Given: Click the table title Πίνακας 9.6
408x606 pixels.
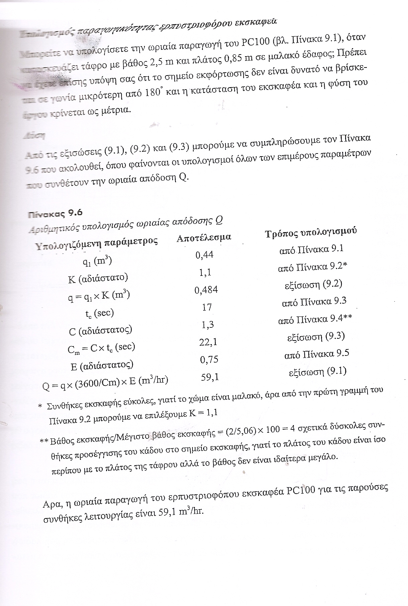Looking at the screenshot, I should coord(55,214).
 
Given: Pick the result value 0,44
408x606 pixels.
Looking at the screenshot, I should coord(204,255).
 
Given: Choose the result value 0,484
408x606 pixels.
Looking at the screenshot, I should coord(206,290).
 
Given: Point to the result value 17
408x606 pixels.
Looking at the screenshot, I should coord(207,307).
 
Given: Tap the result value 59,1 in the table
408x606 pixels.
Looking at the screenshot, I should coord(210,377).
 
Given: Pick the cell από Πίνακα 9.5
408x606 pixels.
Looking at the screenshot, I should coord(317,354).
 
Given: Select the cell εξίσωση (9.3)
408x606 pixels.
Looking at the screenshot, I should coord(316,336).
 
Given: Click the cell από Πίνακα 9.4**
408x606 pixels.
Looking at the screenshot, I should coord(315,319).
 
